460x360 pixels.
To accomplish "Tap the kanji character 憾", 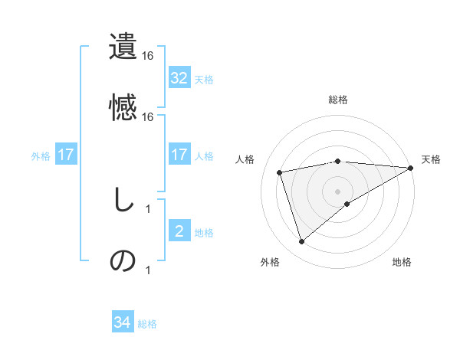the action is pos(123,106).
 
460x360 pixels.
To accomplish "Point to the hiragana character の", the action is pos(123,260).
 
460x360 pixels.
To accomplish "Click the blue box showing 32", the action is pos(179,78).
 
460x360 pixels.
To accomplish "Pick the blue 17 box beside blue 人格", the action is pos(179,155).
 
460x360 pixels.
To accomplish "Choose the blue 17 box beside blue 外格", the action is pos(66,155).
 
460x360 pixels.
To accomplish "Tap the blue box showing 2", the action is pos(179,231).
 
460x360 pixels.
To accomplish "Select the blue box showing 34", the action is pos(123,322).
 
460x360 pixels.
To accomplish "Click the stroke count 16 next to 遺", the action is pos(148,56).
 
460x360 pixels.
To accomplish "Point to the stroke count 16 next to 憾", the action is pos(148,117).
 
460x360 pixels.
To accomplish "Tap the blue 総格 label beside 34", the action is pos(147,324).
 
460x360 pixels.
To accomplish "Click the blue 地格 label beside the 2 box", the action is pos(204,233).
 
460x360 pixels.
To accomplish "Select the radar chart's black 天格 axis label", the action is pos(431,159).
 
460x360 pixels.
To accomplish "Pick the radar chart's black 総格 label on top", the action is pos(338,100).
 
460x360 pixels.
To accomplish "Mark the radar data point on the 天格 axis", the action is pos(411,168).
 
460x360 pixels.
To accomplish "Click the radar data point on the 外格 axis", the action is pos(301,242).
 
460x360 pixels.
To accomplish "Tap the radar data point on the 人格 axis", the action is pos(280,172).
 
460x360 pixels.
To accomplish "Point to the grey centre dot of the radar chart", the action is pos(338,191).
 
